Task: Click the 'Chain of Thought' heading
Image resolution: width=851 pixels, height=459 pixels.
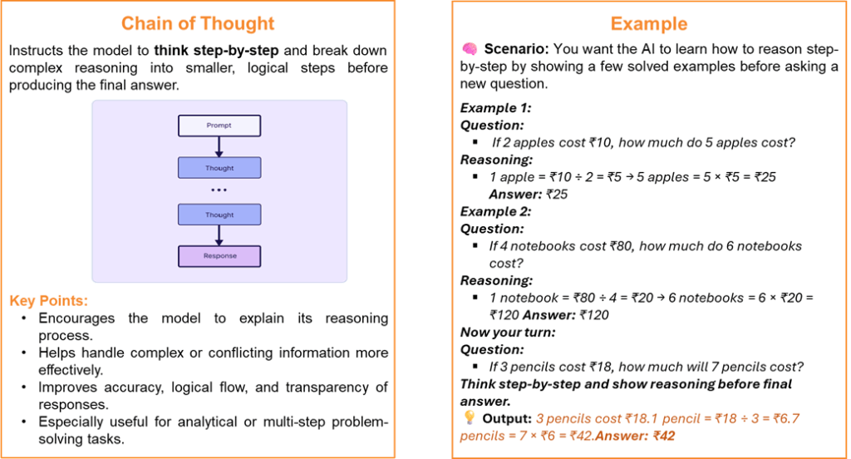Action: coord(197,22)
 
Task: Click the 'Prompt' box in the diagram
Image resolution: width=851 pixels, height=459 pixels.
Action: coord(219,126)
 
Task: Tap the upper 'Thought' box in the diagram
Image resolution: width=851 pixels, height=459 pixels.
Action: coord(219,168)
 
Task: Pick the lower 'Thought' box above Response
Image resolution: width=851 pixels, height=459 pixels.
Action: coord(219,215)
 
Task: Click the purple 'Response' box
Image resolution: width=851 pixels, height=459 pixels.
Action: coord(219,256)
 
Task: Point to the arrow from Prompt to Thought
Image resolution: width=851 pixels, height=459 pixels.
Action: coord(219,146)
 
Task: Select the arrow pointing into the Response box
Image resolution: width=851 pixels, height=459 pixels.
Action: coord(219,235)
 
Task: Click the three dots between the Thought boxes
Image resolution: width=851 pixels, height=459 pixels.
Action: coord(219,190)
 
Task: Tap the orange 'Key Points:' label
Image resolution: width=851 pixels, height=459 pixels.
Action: coord(48,300)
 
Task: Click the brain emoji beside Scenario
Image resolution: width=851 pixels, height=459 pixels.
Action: coord(468,49)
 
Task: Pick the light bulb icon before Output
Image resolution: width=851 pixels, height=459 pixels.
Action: coord(468,417)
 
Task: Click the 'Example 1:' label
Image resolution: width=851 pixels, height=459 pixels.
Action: coord(495,108)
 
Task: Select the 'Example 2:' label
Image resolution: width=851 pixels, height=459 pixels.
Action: coord(495,211)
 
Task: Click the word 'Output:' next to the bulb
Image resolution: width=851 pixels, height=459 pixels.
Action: coord(507,418)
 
